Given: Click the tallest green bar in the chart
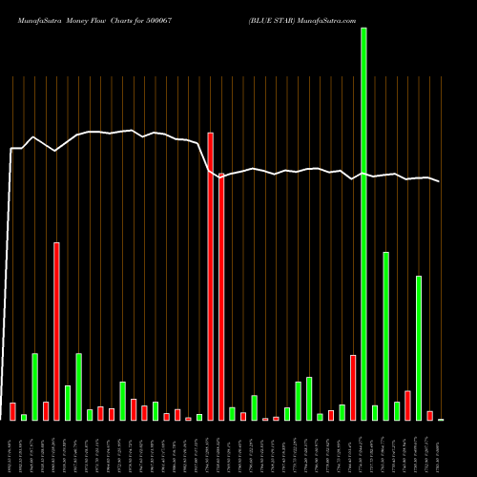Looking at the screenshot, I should (363, 224).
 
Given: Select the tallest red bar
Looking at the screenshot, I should (210, 277).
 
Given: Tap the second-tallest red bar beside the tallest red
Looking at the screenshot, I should (221, 296).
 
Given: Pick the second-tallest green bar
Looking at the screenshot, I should (385, 336).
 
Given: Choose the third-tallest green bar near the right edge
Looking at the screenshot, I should (418, 348).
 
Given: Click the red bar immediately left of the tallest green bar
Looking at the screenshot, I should (353, 387).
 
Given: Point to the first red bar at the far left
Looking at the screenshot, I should (12, 411).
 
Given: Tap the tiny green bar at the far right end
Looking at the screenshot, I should (441, 419).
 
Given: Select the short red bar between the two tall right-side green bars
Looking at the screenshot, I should (407, 405).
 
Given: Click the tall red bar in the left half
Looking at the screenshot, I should (56, 331).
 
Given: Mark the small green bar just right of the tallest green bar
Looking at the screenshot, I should (375, 412).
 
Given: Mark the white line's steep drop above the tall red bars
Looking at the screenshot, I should (205, 157).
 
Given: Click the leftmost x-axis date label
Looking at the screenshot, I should (12, 448).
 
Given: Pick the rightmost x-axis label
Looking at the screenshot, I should (441, 448).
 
